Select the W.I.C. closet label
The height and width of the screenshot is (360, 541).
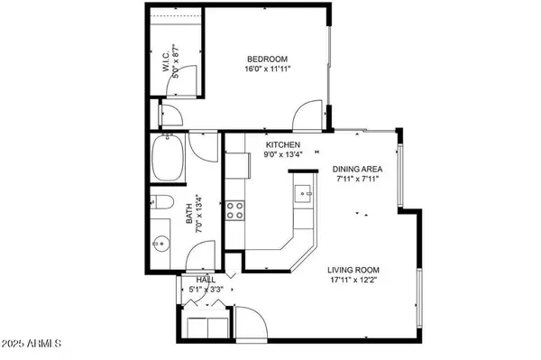pyautogui.click(x=167, y=64)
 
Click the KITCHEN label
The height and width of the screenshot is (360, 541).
pyautogui.click(x=282, y=145)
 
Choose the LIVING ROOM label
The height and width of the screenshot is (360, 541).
pyautogui.click(x=353, y=270)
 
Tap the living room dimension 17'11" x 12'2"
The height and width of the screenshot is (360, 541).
pyautogui.click(x=353, y=280)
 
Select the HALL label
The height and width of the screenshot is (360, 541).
pyautogui.click(x=205, y=280)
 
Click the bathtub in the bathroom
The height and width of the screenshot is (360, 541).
pyautogui.click(x=170, y=159)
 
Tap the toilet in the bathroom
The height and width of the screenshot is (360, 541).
pyautogui.click(x=163, y=202)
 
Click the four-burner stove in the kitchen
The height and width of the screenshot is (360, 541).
pyautogui.click(x=235, y=210)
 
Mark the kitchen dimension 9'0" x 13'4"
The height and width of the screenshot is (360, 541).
pyautogui.click(x=282, y=155)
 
